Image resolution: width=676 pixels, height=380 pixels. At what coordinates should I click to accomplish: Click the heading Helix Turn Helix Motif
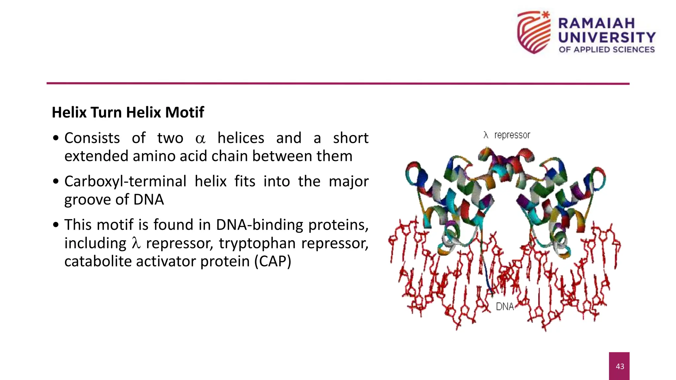pyautogui.click(x=128, y=112)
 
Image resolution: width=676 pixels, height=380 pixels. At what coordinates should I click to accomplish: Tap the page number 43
pyautogui.click(x=620, y=366)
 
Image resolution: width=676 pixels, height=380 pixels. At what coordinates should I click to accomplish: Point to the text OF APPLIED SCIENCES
pyautogui.click(x=607, y=49)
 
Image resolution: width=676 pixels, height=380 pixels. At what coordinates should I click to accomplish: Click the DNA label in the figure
pyautogui.click(x=505, y=307)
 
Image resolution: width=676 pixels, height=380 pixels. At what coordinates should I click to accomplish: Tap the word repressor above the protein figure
pyautogui.click(x=512, y=135)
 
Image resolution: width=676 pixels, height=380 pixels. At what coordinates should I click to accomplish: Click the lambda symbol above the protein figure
pyautogui.click(x=486, y=135)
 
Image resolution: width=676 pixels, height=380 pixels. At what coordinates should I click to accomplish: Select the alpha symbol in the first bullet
pyautogui.click(x=200, y=139)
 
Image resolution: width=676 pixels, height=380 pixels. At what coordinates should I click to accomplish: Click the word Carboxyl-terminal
pyautogui.click(x=125, y=181)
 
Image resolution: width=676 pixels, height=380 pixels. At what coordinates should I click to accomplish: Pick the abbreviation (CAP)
pyautogui.click(x=273, y=261)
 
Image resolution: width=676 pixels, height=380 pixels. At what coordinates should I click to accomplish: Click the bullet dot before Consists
pyautogui.click(x=56, y=138)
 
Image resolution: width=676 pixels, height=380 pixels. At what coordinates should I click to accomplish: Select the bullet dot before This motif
pyautogui.click(x=56, y=225)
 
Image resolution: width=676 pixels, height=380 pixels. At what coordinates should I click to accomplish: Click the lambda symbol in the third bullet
pyautogui.click(x=136, y=243)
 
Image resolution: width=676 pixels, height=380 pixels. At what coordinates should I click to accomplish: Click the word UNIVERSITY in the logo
pyautogui.click(x=607, y=37)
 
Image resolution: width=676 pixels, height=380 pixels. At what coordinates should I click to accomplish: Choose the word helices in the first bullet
pyautogui.click(x=241, y=138)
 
